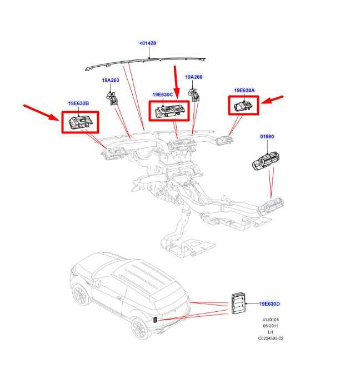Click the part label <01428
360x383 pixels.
pos(147,43)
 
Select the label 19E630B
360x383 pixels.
pos(78,103)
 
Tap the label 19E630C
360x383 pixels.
pos(163,94)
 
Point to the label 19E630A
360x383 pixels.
pos(244,91)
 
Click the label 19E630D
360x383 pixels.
pos(269,304)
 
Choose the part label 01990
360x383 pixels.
pos(267,137)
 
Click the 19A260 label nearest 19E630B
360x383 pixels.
pos(111,80)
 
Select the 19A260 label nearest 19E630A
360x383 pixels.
pos(194,77)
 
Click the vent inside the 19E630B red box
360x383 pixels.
pos(81,122)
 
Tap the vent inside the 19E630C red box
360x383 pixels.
pos(169,111)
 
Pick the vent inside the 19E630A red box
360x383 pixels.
pos(243,106)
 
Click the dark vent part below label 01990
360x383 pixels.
pos(266,161)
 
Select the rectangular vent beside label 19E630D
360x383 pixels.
pos(238,303)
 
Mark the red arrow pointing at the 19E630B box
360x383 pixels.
pos(41,112)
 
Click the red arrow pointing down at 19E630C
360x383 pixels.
pos(176,81)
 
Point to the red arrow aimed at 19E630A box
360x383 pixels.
pos(272,100)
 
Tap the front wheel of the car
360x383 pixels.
pos(80,295)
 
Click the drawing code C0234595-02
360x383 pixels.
pos(271,339)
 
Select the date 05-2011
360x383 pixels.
pos(271,326)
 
